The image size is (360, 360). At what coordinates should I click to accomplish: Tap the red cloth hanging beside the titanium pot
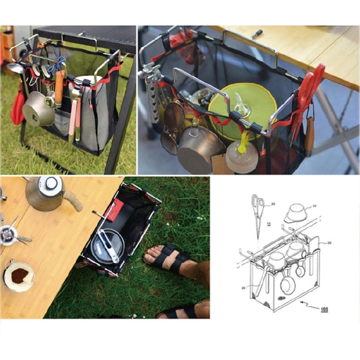click(17, 108)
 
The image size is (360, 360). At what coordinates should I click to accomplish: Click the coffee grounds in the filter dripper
click(20, 276)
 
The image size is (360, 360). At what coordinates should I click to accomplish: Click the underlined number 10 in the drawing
click(268, 224)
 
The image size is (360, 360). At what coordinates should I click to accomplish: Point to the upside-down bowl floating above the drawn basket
click(295, 212)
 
